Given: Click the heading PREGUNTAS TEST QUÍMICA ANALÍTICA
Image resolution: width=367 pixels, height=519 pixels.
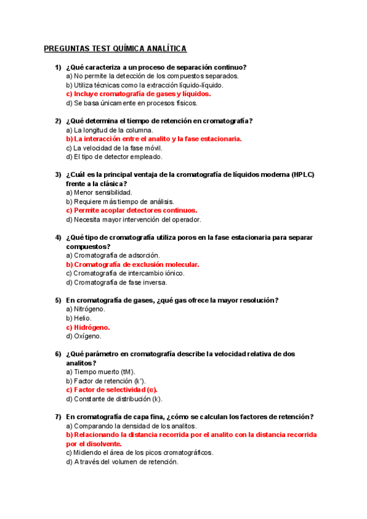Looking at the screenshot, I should [x=115, y=48].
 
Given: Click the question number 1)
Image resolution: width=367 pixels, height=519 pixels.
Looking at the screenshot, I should [x=58, y=67].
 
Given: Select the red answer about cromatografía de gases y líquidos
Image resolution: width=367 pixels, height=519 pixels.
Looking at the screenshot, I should [x=138, y=94].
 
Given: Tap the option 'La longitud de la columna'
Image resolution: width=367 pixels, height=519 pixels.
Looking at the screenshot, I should [x=109, y=130].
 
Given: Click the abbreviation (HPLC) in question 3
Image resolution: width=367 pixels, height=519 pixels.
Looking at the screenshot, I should [x=303, y=175].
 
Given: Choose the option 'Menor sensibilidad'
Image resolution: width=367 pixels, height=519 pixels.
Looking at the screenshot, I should [x=98, y=193].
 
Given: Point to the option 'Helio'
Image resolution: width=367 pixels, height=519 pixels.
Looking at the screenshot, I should [x=79, y=318].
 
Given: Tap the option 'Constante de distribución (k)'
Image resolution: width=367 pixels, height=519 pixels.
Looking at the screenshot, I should [x=114, y=399].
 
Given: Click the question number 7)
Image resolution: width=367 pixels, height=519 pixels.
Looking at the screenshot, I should [x=58, y=417].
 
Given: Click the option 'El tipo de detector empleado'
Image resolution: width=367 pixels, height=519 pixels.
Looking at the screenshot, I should [x=114, y=157].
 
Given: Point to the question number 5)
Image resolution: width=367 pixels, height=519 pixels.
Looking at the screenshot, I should [x=58, y=301].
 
